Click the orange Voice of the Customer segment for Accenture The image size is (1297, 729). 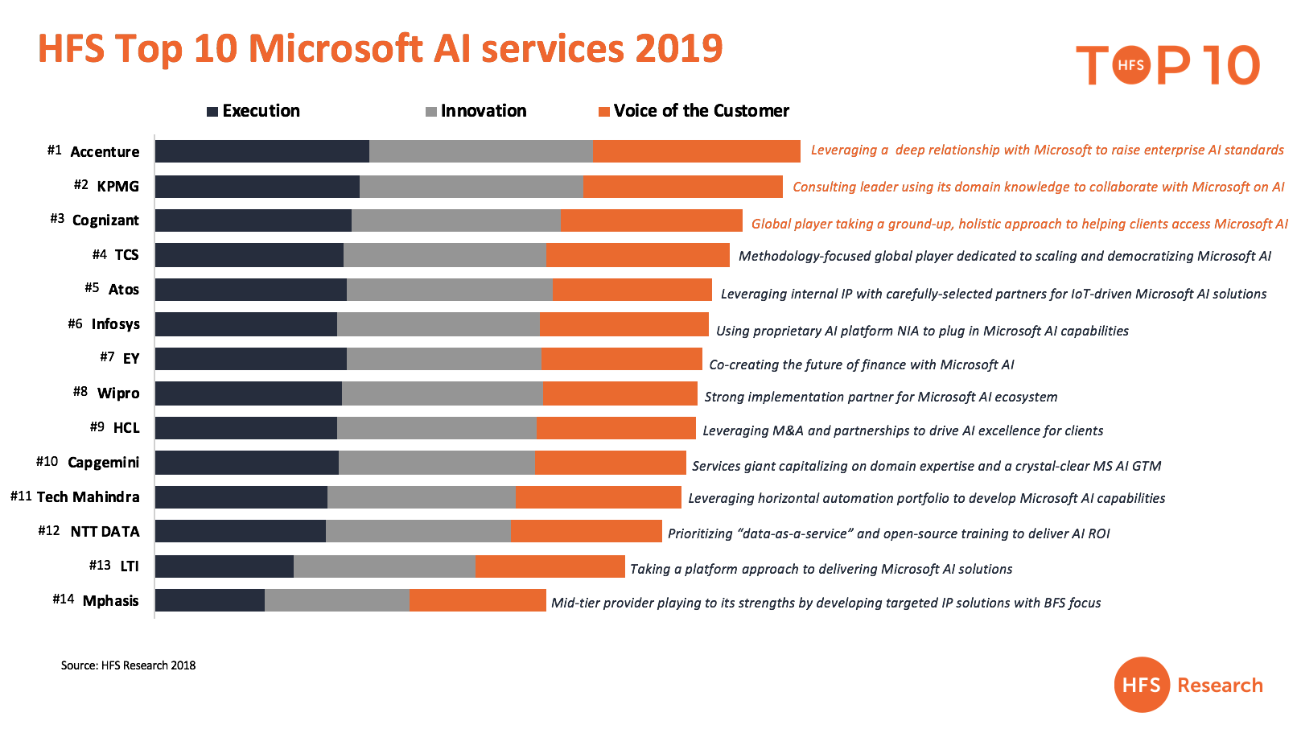click(x=697, y=151)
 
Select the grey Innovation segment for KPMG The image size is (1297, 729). click(x=471, y=187)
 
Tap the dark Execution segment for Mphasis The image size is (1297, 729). click(x=210, y=600)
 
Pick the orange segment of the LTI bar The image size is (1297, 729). click(x=550, y=566)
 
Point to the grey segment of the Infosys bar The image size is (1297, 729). click(x=439, y=324)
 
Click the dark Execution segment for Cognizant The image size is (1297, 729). click(x=253, y=220)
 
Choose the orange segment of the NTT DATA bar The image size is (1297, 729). click(x=586, y=531)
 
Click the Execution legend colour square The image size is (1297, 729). click(x=212, y=112)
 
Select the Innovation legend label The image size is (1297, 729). click(x=484, y=110)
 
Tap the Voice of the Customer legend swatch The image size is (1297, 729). click(x=604, y=112)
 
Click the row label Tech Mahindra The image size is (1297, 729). click(x=88, y=496)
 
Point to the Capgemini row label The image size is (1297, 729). click(x=104, y=463)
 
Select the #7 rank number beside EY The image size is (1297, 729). click(x=107, y=356)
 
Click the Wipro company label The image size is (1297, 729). click(x=118, y=393)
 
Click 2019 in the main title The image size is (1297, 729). click(x=678, y=48)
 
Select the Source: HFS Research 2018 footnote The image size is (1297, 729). click(x=128, y=665)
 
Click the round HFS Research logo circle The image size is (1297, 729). click(x=1141, y=685)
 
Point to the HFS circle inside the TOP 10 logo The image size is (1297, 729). click(x=1130, y=65)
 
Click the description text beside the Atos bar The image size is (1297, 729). click(x=994, y=294)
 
